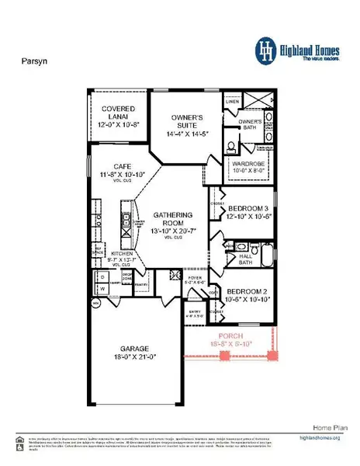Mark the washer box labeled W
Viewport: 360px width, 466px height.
(x=102, y=289)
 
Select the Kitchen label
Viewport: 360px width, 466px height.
(x=123, y=256)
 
